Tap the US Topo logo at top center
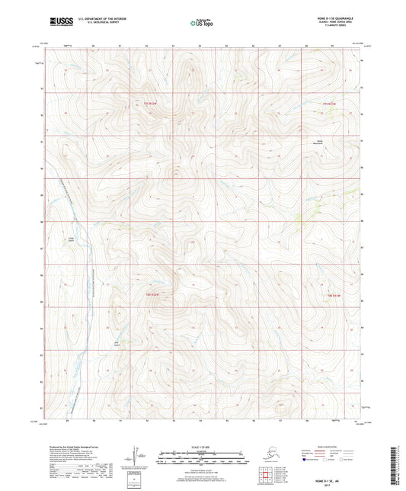(x=202, y=24)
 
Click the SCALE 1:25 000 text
(x=202, y=448)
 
